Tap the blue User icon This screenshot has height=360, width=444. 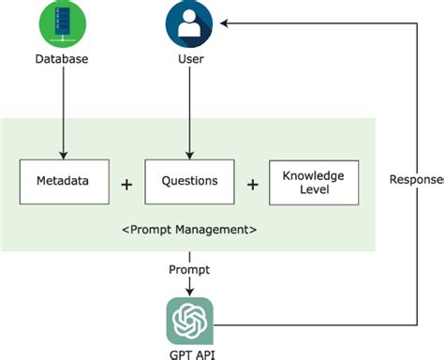point(190,25)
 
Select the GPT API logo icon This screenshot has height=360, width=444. point(190,321)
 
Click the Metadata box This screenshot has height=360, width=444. point(63,182)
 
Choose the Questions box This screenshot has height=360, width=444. point(190,182)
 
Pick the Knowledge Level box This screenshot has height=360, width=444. point(314,182)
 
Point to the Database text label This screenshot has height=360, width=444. point(63,62)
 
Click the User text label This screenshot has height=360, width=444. point(190,62)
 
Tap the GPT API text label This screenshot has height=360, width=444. point(190,352)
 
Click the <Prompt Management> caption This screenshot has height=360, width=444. point(190,230)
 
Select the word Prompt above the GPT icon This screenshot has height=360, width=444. point(190,270)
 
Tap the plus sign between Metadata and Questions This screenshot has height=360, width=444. point(127,185)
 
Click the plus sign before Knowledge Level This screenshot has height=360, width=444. point(252,185)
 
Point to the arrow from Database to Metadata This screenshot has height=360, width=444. point(63,112)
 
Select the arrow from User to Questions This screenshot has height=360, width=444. point(190,112)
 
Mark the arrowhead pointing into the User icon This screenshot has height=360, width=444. point(225,26)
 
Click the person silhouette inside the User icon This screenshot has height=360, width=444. point(190,27)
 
